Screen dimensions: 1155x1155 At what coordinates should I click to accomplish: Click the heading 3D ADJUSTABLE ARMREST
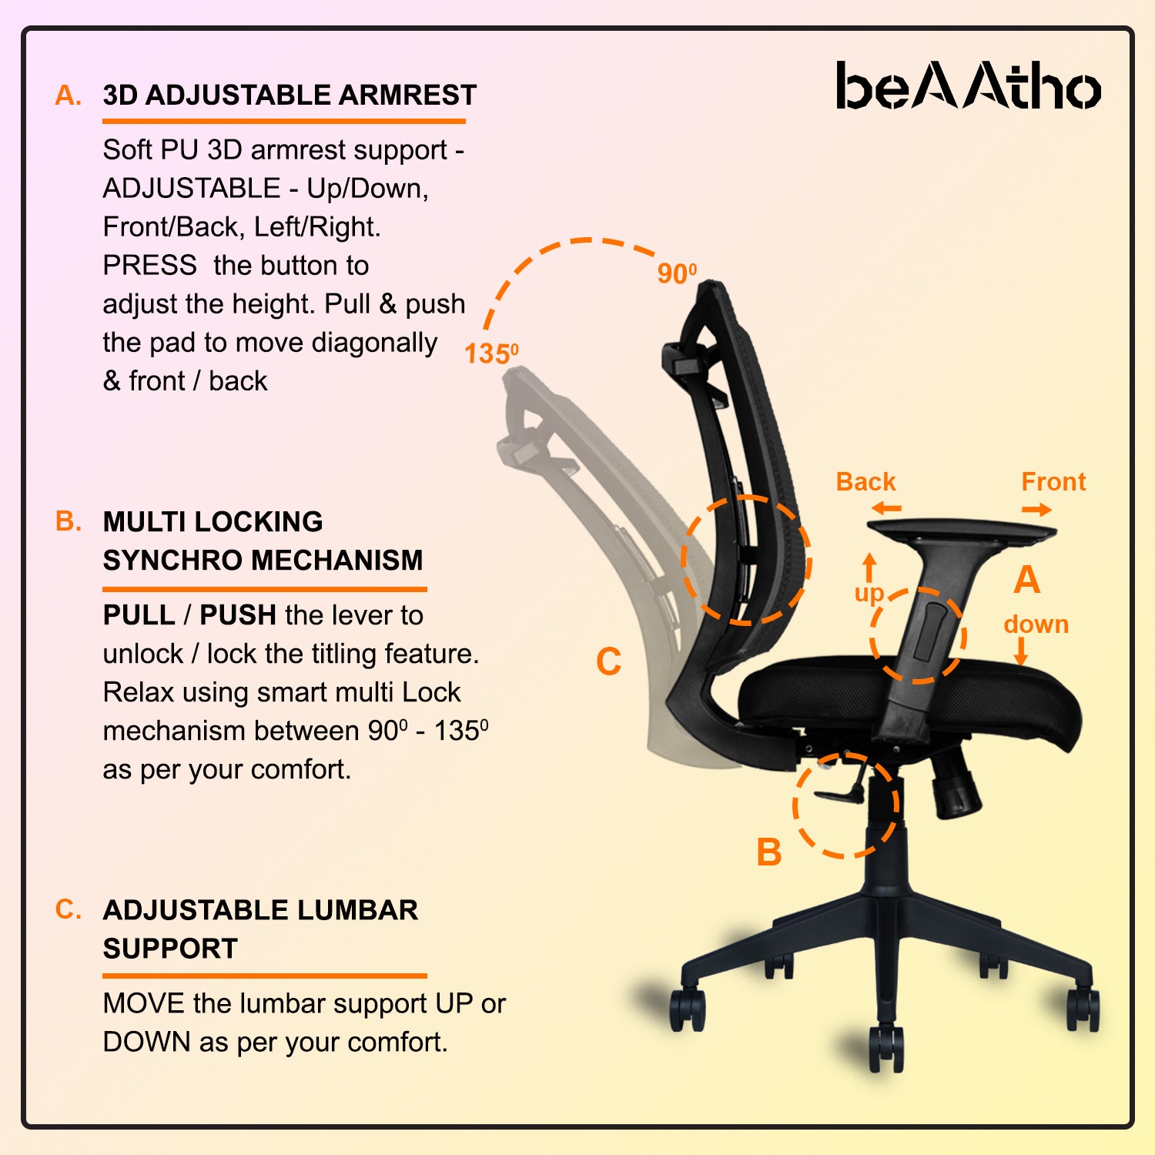[290, 95]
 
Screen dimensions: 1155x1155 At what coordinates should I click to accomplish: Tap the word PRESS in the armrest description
[150, 265]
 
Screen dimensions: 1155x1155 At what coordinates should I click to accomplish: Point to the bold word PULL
[139, 615]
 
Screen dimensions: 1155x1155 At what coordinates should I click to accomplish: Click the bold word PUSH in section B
[238, 615]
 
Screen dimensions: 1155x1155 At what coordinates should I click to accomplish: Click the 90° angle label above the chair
[677, 273]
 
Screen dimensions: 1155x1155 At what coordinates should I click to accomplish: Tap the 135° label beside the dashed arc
[491, 353]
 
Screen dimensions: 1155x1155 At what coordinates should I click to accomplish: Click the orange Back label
[865, 482]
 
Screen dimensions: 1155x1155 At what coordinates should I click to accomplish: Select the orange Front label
[1053, 482]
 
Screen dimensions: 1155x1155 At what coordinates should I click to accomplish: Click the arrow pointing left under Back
[886, 508]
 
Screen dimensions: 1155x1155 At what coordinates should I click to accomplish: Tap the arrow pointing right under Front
[1036, 509]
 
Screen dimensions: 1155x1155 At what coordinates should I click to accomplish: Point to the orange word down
[1036, 624]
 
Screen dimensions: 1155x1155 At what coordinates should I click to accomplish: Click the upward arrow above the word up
[869, 567]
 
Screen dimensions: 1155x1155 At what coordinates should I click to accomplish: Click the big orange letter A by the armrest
[1026, 579]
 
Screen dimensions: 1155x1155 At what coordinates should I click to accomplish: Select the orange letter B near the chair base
[769, 852]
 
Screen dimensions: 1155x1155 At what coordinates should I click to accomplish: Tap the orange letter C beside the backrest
[608, 661]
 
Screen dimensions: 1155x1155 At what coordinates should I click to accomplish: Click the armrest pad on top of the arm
[962, 531]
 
